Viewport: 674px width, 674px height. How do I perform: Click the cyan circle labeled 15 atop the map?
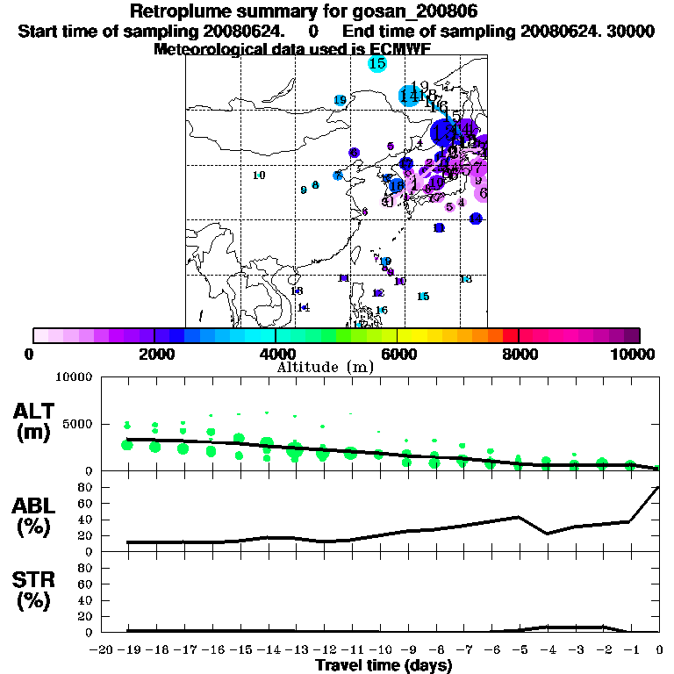pyautogui.click(x=377, y=63)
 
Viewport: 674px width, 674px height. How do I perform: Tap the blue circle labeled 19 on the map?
pyautogui.click(x=340, y=100)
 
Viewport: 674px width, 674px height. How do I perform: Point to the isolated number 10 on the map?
pyautogui.click(x=259, y=176)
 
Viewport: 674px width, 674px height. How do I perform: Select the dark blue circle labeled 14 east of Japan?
pyautogui.click(x=476, y=219)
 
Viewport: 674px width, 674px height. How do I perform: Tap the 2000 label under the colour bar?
pyautogui.click(x=154, y=354)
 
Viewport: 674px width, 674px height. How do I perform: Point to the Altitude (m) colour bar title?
pyautogui.click(x=325, y=367)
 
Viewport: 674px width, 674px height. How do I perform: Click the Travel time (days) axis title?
pyautogui.click(x=384, y=665)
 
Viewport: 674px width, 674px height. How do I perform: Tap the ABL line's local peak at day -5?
pyautogui.click(x=519, y=517)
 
